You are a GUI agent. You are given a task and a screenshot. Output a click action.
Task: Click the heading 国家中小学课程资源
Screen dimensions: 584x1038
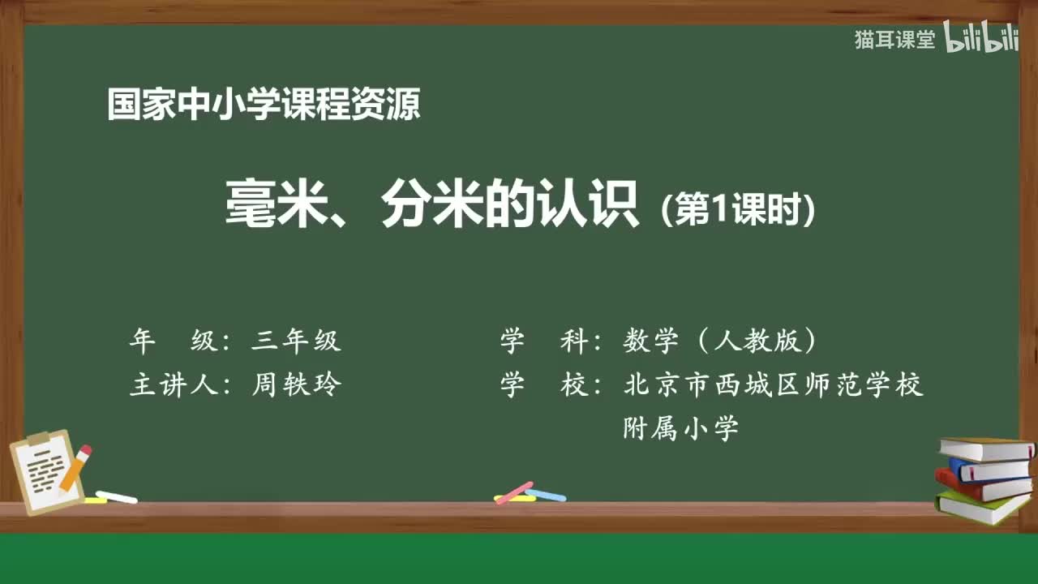pos(264,105)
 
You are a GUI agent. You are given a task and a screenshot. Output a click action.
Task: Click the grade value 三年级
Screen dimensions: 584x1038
pos(296,341)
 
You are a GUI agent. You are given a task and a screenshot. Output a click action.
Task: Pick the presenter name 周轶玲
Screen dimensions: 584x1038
pos(296,384)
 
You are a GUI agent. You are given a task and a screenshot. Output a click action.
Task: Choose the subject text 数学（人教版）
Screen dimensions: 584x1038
pos(719,341)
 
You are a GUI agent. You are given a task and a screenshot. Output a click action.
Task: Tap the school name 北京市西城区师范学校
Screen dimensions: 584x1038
pos(774,384)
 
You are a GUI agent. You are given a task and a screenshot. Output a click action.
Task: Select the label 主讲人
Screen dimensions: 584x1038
pos(174,384)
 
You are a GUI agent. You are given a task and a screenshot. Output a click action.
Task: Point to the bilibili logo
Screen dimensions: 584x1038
pos(981,39)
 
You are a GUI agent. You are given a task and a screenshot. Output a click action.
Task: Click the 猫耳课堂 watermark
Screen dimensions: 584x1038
pos(894,40)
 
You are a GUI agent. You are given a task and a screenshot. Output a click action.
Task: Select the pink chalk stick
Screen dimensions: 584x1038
pos(514,492)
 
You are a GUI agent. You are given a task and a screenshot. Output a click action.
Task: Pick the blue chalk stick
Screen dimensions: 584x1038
pos(546,495)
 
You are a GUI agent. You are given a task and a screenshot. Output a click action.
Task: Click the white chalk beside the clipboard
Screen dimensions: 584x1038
pos(116,496)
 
